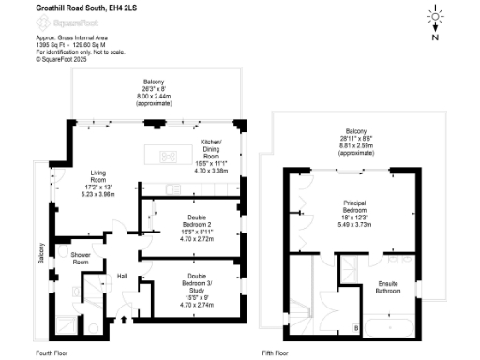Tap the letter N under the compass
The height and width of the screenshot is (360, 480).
coord(435,38)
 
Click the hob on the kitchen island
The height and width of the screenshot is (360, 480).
coord(168,156)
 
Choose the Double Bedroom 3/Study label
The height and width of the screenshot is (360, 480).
coord(195,286)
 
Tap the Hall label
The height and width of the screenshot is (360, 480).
coord(121,276)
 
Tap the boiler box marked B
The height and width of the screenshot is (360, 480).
coord(354,327)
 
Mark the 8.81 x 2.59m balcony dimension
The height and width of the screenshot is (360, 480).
coord(355,147)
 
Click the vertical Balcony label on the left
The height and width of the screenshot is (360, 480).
coord(40,255)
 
